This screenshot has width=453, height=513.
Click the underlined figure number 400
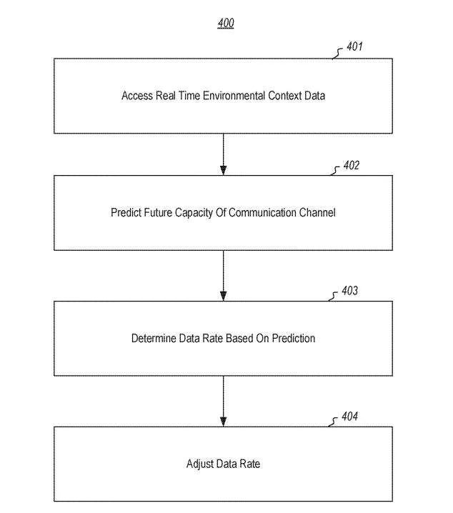pyautogui.click(x=226, y=24)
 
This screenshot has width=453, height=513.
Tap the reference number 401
pyautogui.click(x=354, y=46)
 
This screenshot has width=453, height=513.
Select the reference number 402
pyautogui.click(x=352, y=165)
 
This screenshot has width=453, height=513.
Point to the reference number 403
pyautogui.click(x=349, y=291)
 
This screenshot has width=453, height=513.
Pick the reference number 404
pyautogui.click(x=349, y=416)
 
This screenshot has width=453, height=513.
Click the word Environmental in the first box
pyautogui.click(x=234, y=96)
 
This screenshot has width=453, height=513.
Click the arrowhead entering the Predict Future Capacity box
pyautogui.click(x=224, y=171)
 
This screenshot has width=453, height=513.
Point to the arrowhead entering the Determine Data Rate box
pyautogui.click(x=224, y=296)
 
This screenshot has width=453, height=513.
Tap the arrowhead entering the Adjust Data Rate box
pyautogui.click(x=224, y=422)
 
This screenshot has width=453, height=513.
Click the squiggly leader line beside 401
pyautogui.click(x=337, y=54)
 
